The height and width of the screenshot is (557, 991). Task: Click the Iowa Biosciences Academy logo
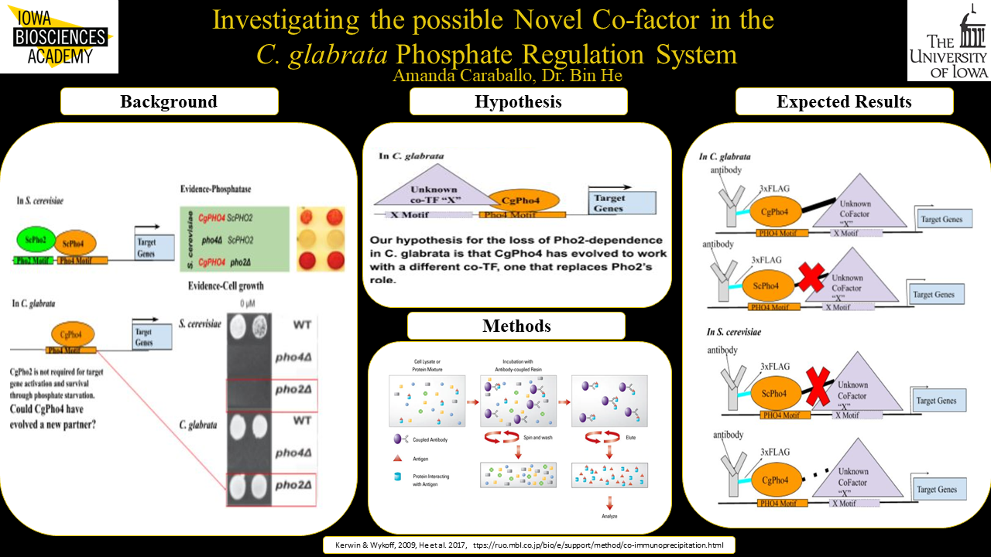(59, 37)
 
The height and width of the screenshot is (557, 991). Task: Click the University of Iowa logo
(948, 40)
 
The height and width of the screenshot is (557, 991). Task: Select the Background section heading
(169, 101)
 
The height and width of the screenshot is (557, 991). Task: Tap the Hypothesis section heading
(518, 101)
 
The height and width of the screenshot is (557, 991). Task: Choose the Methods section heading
(516, 326)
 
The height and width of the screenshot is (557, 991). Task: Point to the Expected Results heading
(844, 101)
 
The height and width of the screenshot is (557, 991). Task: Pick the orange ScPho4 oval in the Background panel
(74, 243)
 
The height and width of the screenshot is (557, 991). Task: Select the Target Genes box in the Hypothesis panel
(621, 203)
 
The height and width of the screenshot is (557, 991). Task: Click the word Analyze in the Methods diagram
(609, 515)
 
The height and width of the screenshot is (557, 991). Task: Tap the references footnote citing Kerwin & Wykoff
(528, 545)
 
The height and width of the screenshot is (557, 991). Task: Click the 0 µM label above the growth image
(247, 302)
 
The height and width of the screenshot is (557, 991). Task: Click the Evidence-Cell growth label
(226, 286)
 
